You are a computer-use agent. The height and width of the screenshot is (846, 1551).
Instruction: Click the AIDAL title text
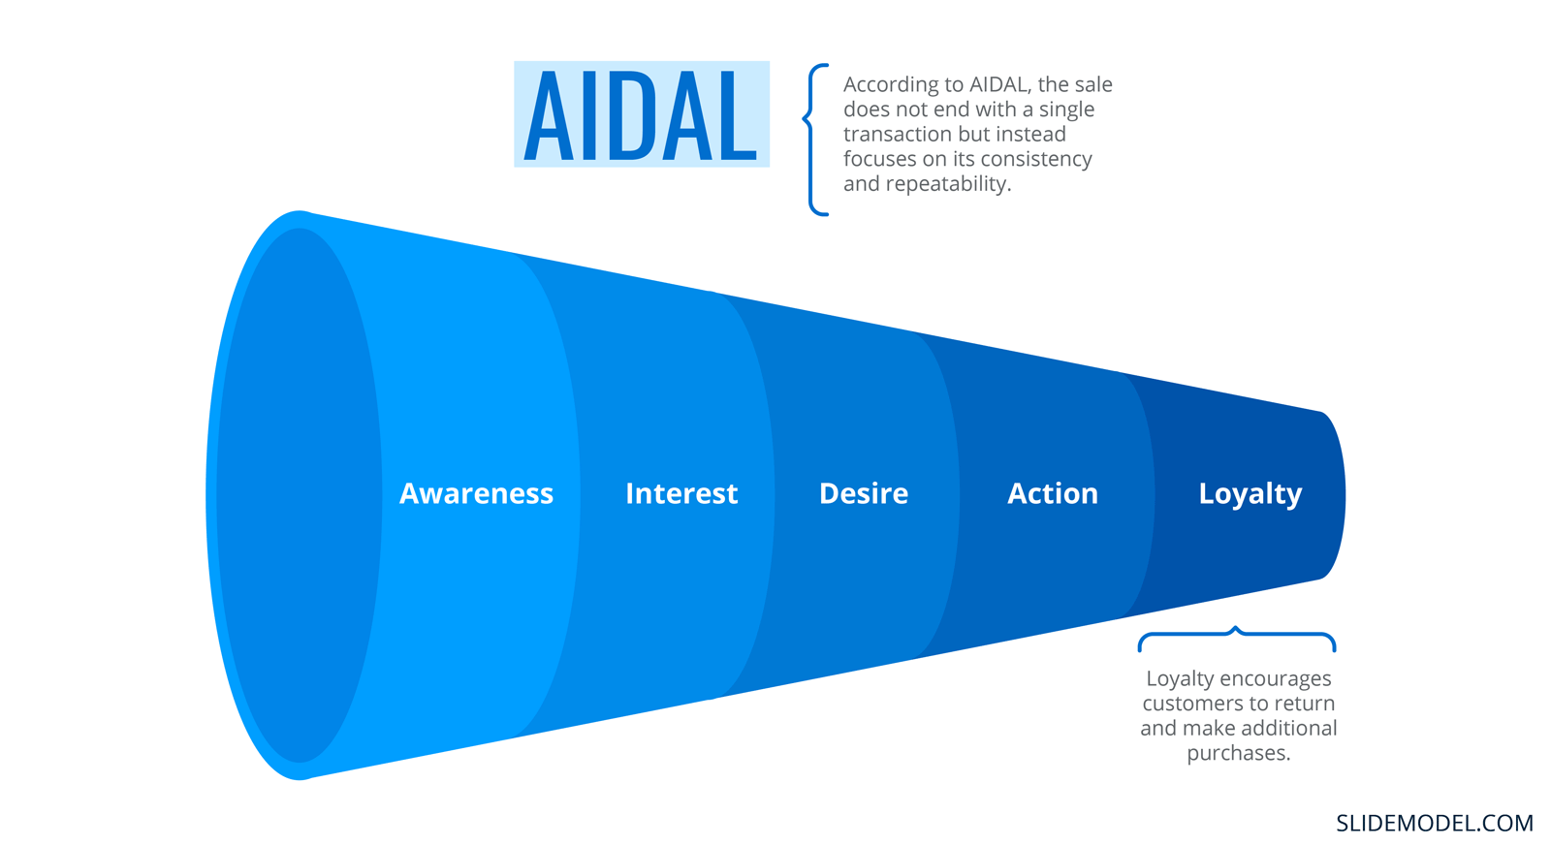(641, 115)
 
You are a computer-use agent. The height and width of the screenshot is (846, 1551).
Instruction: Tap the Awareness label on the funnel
(476, 493)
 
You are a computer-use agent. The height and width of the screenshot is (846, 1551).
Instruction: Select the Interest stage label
(681, 493)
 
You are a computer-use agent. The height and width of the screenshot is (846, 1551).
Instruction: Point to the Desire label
(864, 493)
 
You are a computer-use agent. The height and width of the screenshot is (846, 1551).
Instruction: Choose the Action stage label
(1053, 493)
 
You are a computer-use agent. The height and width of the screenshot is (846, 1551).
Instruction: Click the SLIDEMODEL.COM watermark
(1435, 823)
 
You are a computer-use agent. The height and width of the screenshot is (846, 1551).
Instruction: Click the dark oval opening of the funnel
(300, 496)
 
